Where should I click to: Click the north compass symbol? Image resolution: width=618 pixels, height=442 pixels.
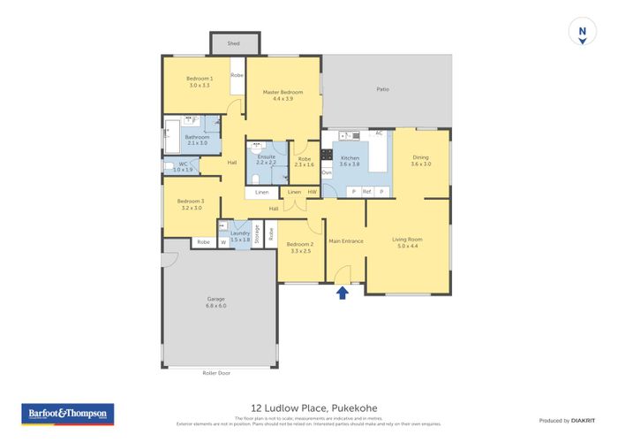point(582,32)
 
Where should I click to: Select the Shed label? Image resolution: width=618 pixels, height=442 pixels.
point(233,42)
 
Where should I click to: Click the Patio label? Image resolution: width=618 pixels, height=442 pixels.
point(382,89)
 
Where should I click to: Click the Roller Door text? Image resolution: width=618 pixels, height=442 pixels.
point(215,373)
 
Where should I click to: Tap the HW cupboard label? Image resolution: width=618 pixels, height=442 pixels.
point(312,192)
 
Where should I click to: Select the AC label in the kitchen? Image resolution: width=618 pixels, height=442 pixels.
point(378,133)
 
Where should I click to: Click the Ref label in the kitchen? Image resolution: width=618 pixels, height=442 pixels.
point(366,192)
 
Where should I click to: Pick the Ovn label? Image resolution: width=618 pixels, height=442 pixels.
point(326,172)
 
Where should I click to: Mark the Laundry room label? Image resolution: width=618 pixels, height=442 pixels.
point(239,235)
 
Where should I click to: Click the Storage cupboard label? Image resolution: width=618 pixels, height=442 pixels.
point(256,234)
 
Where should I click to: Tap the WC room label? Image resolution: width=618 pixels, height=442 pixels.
point(182,166)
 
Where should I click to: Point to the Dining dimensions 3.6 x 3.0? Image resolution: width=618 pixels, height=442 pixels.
point(420,164)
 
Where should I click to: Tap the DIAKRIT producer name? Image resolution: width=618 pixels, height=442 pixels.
point(582,420)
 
